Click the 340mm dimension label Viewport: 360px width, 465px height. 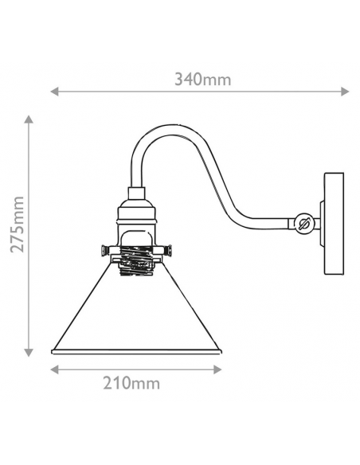click(x=202, y=80)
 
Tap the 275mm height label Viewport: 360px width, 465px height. click(x=17, y=225)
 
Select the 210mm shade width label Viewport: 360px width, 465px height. click(x=131, y=383)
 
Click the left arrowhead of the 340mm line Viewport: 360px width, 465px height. click(x=55, y=92)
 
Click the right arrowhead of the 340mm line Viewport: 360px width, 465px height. click(x=345, y=92)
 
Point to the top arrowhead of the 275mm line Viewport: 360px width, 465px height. click(x=29, y=119)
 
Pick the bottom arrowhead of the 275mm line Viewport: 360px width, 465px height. click(x=29, y=352)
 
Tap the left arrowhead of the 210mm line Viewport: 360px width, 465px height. click(x=55, y=369)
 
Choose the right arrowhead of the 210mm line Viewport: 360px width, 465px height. click(x=217, y=369)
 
